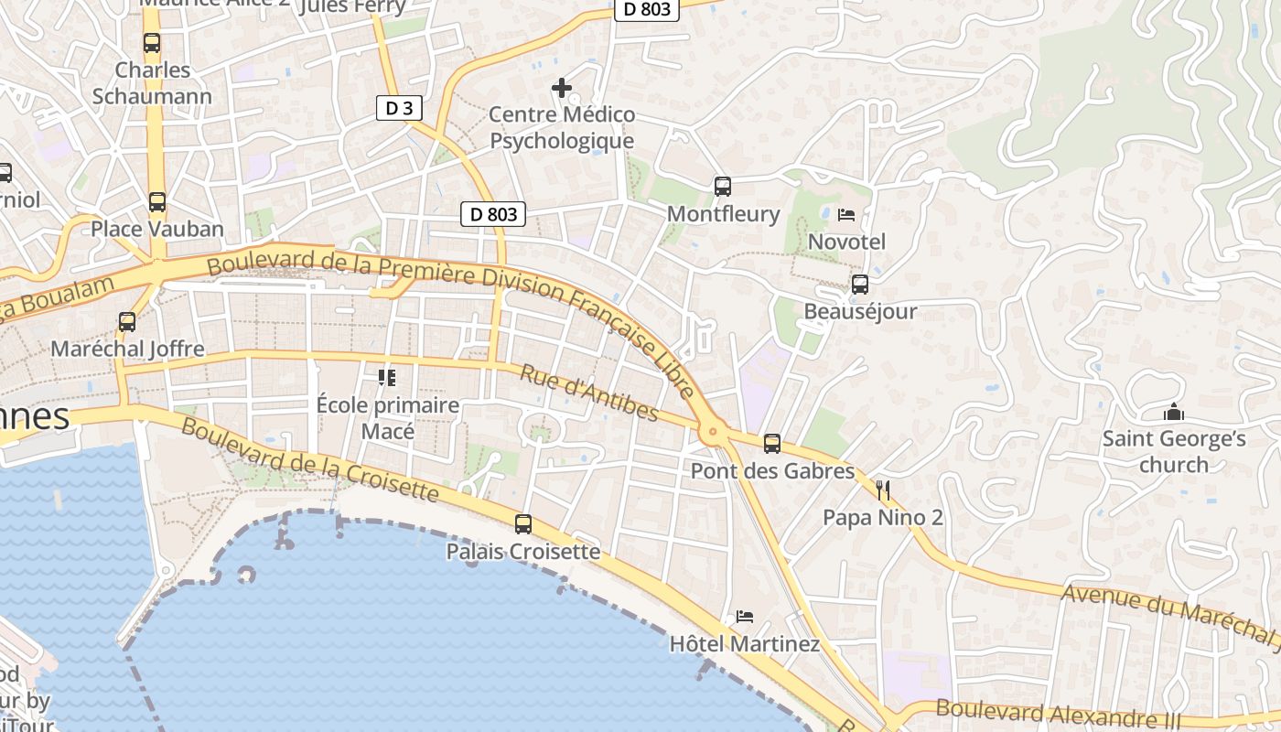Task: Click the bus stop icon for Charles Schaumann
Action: coord(152,43)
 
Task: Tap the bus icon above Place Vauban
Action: coord(157,202)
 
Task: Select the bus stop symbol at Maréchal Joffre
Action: coord(127,322)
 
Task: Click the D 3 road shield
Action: coord(399,108)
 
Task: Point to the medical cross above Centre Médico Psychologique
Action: coord(562,88)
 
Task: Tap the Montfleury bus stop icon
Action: coord(723,187)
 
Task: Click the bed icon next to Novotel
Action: coord(846,215)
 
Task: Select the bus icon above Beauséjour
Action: coord(860,285)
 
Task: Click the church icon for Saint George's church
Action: coord(1174,413)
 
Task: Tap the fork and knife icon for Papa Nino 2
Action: coord(883,490)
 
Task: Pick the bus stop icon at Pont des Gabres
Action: coord(772,444)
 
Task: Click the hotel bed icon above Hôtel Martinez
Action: coord(745,617)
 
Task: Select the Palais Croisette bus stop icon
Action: coord(523,524)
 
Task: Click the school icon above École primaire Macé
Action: coord(387,377)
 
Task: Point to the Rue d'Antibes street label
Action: coord(588,393)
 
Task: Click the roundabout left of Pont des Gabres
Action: coord(713,431)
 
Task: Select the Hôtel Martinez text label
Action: coord(745,644)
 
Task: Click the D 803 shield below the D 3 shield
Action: coord(494,214)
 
